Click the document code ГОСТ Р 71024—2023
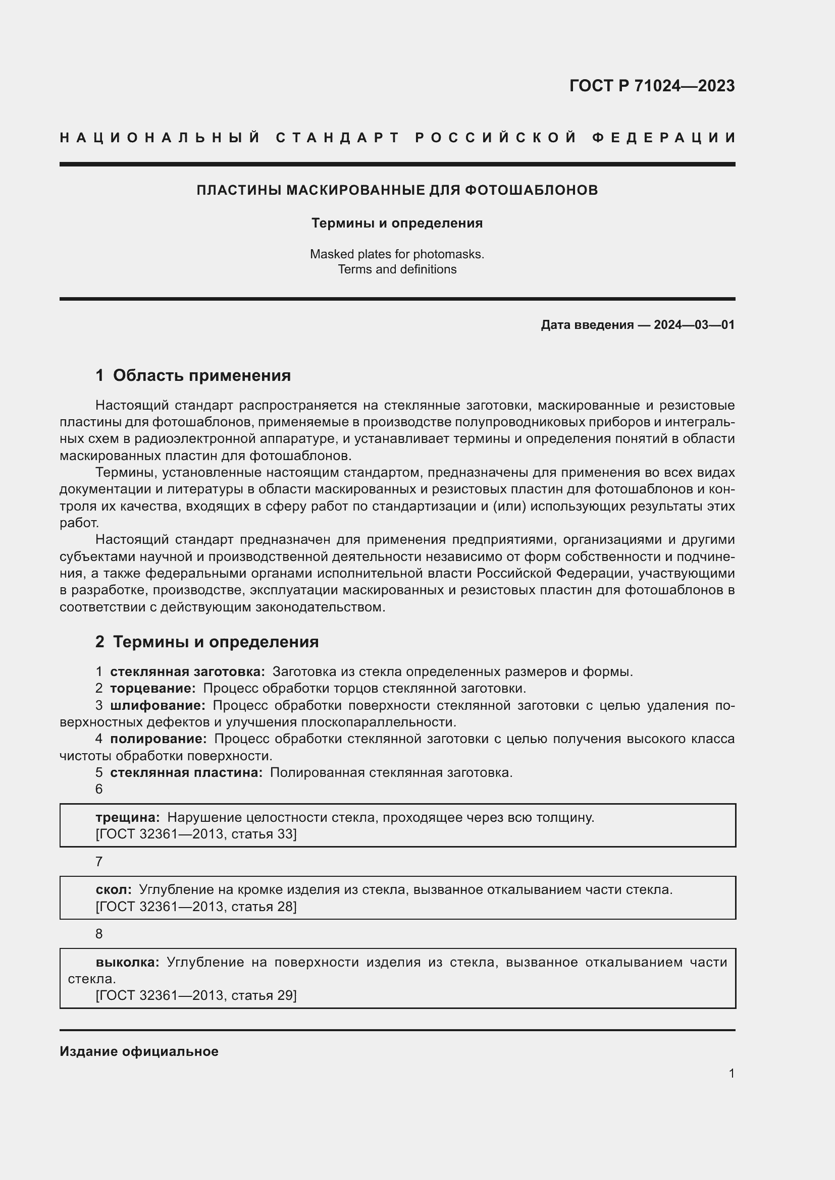[x=651, y=86]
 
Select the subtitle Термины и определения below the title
[x=397, y=223]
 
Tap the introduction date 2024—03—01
[x=694, y=325]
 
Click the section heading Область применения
[x=201, y=376]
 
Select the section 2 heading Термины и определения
[x=216, y=642]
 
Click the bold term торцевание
[x=152, y=688]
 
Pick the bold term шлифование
[x=158, y=705]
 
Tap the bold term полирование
[x=158, y=739]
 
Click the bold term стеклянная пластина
[x=186, y=772]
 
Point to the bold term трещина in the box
[x=128, y=817]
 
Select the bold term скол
[x=113, y=889]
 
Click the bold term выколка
[x=128, y=962]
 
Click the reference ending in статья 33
[x=196, y=833]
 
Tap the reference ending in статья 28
[x=196, y=907]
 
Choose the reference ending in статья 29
[x=196, y=995]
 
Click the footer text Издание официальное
[x=139, y=1051]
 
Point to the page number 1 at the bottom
[x=731, y=1073]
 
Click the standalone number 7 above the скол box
[x=99, y=862]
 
